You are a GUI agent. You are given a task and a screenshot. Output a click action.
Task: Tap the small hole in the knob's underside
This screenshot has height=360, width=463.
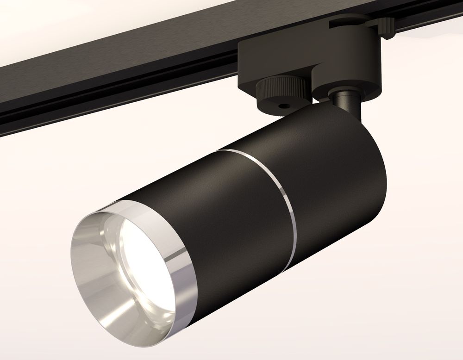[x=284, y=106]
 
